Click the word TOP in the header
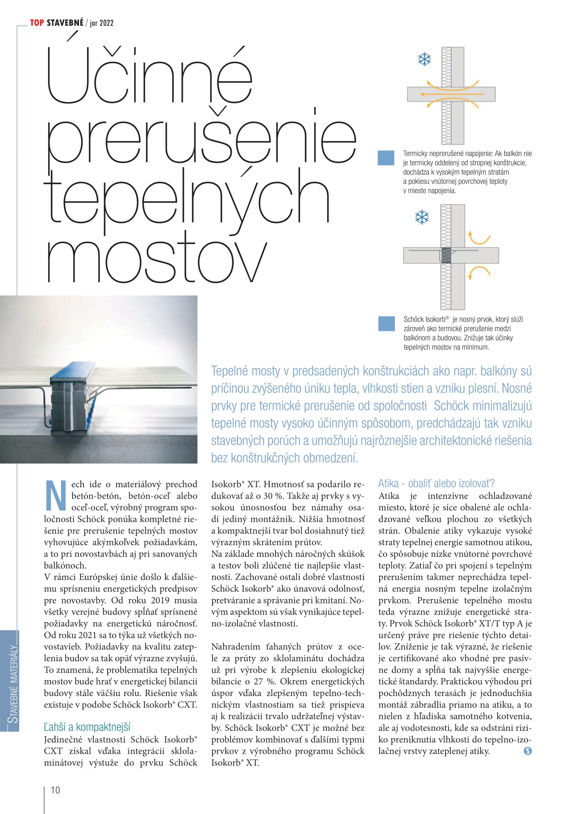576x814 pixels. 37,23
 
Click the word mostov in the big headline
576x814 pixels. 156,261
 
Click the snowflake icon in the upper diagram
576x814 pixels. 424,59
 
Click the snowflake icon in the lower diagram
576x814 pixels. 422,217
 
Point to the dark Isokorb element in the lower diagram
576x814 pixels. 446,255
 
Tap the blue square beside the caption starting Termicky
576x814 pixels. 386,158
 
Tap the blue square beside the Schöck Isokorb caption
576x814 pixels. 386,324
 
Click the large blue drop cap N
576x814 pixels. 56,496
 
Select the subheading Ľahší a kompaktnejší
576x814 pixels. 87,727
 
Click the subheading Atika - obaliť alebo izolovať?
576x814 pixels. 436,484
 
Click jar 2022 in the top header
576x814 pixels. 101,23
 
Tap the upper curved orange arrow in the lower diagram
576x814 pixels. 479,238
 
